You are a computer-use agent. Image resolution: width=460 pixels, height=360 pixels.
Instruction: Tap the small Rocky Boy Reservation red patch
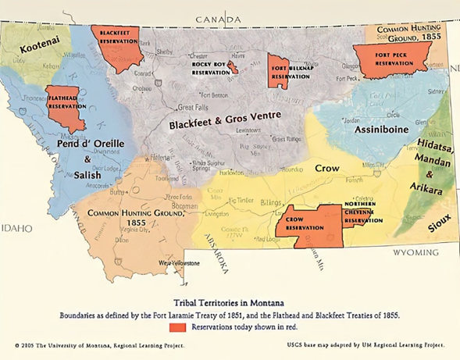pyautogui.click(x=233, y=70)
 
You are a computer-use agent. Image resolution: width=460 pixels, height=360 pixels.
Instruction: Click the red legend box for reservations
pyautogui.click(x=177, y=328)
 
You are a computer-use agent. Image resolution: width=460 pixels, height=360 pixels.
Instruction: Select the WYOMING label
pyautogui.click(x=415, y=253)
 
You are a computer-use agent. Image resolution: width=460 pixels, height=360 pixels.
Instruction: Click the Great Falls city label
pyautogui.click(x=193, y=107)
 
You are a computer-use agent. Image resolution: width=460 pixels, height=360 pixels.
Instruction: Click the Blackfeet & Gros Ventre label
pyautogui.click(x=226, y=123)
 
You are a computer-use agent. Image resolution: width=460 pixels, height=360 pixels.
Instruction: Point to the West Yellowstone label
pyautogui.click(x=180, y=264)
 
